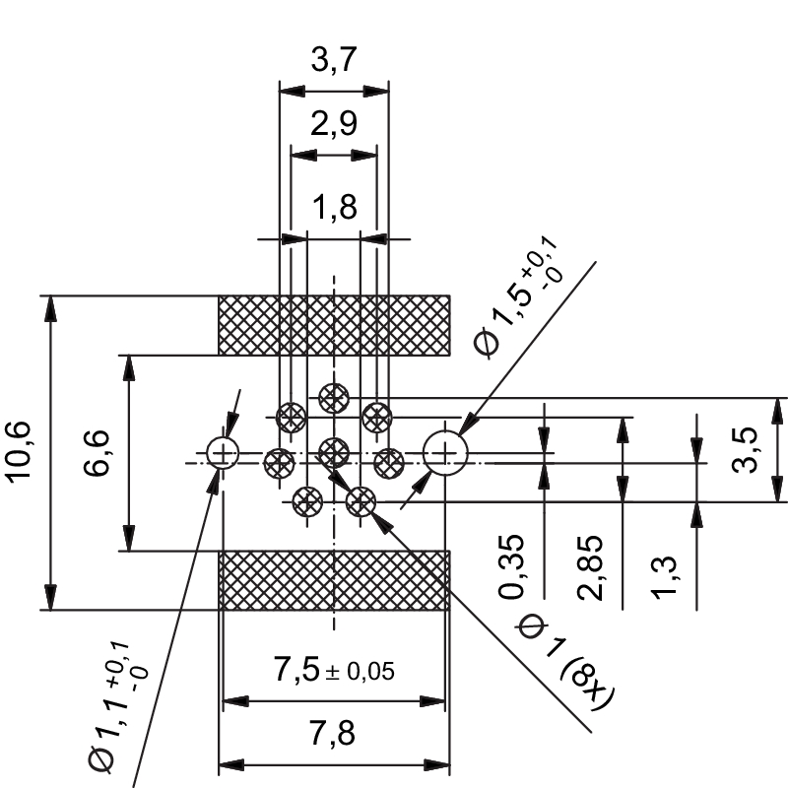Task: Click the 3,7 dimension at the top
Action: (x=334, y=62)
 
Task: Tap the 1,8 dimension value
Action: (x=334, y=208)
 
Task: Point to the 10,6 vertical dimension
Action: (x=21, y=452)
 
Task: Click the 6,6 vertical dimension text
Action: (x=99, y=452)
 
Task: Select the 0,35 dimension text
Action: (x=511, y=566)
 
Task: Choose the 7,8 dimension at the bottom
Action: (x=334, y=735)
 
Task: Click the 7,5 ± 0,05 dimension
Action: (x=334, y=672)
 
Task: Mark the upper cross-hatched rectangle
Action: (x=334, y=324)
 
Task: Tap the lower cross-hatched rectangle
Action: (x=334, y=580)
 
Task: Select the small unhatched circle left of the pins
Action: (x=224, y=453)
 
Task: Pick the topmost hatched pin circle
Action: (x=334, y=398)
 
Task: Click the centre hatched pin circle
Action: (x=335, y=452)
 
